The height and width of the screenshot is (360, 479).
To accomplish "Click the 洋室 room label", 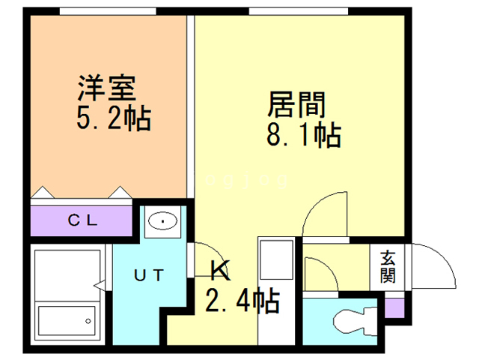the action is click(107, 88).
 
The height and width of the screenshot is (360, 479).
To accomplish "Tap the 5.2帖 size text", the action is click(114, 118).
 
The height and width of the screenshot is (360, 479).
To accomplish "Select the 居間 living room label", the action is click(296, 105).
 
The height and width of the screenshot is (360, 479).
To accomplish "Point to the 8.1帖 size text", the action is click(304, 135).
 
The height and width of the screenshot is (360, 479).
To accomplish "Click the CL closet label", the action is click(83, 220).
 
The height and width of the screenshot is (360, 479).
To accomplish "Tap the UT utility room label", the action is click(149, 275).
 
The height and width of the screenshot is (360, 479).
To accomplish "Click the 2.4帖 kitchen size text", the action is click(242, 300).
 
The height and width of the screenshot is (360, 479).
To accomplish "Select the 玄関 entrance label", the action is click(388, 267).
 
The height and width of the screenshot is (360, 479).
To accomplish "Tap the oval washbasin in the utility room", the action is click(163, 220).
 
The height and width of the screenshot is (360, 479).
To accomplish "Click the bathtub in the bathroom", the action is click(67, 320).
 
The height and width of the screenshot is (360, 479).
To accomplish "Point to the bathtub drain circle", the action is click(88, 321).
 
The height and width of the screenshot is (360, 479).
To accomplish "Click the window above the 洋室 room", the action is click(108, 11).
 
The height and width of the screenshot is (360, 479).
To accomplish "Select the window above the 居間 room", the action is click(299, 11).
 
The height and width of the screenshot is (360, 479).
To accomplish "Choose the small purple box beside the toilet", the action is click(394, 308).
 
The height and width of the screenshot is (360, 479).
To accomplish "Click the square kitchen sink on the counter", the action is click(276, 259).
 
